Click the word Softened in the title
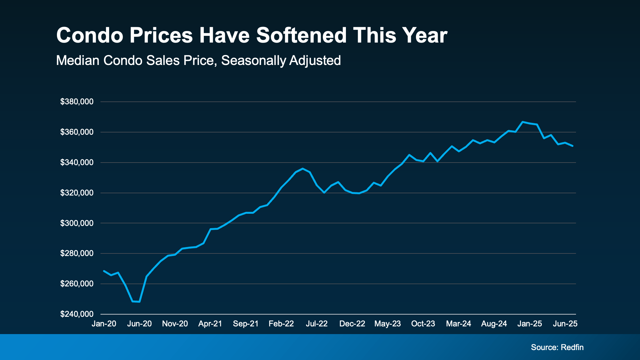click(301, 35)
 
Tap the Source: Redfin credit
click(557, 347)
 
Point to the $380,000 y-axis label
click(77, 102)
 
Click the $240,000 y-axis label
click(77, 314)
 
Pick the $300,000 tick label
click(77, 223)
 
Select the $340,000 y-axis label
click(77, 163)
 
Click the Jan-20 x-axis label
click(104, 324)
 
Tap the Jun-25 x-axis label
click(565, 324)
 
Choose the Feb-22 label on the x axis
click(281, 324)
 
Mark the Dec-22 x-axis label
click(352, 324)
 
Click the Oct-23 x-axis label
click(423, 324)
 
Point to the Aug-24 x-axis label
click(494, 324)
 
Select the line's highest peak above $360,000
click(523, 122)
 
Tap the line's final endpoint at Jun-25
click(572, 146)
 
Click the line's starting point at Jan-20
click(104, 271)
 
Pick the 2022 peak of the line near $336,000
click(302, 169)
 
